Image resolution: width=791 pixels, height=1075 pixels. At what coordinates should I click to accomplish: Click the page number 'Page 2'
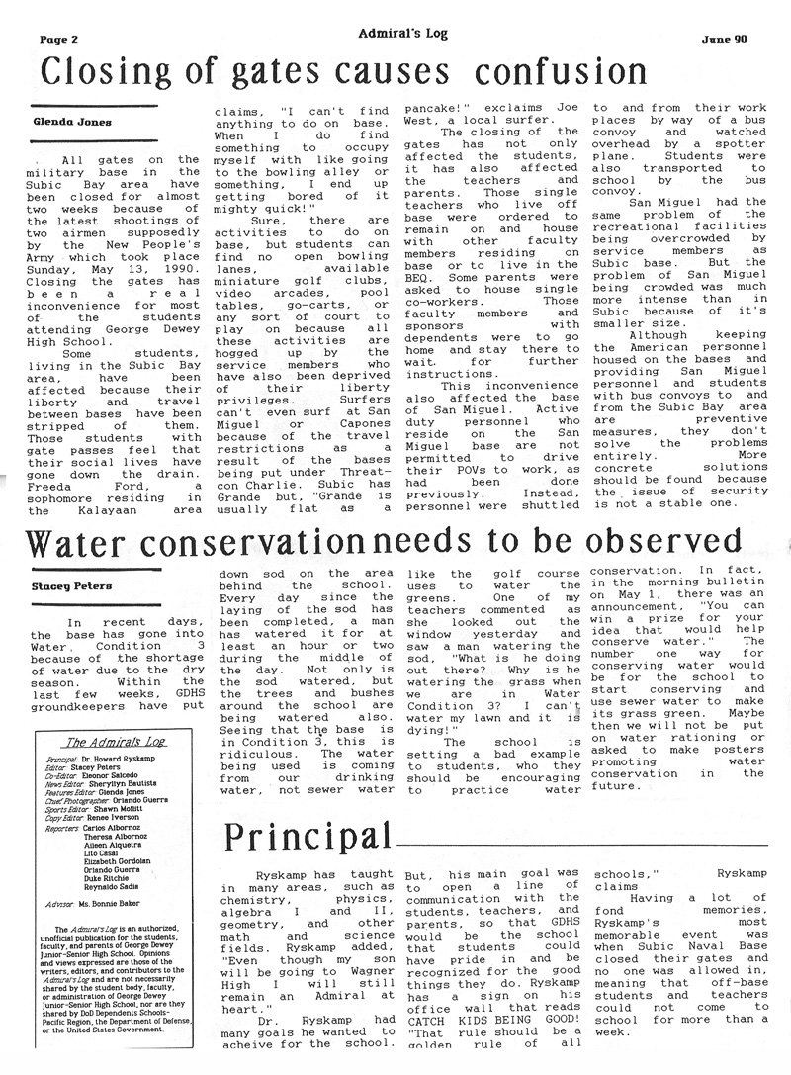pos(57,41)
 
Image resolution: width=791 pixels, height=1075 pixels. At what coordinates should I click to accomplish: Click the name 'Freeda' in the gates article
pos(56,483)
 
